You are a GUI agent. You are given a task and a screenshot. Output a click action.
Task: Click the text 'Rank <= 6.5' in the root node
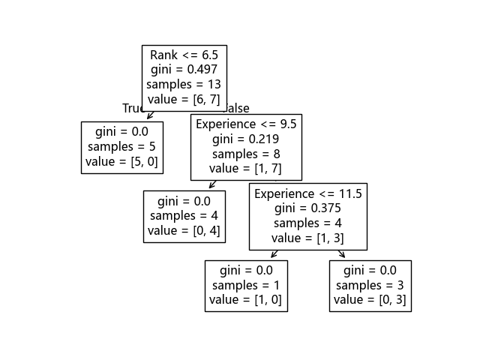tap(184, 55)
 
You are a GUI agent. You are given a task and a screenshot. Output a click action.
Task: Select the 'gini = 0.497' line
tap(184, 70)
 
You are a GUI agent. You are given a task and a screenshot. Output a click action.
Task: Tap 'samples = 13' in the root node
tap(184, 85)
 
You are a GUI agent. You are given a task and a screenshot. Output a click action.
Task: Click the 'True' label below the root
tap(133, 109)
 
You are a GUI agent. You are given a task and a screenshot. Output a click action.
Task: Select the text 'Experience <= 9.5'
tap(246, 124)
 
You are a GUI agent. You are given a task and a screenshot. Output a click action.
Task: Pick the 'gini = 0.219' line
tap(246, 139)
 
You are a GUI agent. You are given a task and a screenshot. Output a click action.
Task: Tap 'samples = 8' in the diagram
tap(246, 154)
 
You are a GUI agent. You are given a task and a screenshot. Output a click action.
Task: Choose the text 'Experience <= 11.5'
tap(308, 193)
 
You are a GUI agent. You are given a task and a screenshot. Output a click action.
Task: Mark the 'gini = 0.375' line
tap(308, 208)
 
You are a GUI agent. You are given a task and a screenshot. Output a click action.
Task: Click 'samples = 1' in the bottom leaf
tap(246, 285)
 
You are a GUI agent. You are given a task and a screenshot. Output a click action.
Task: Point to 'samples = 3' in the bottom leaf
tap(370, 285)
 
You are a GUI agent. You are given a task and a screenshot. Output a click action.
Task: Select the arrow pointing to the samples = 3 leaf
tap(342, 255)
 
